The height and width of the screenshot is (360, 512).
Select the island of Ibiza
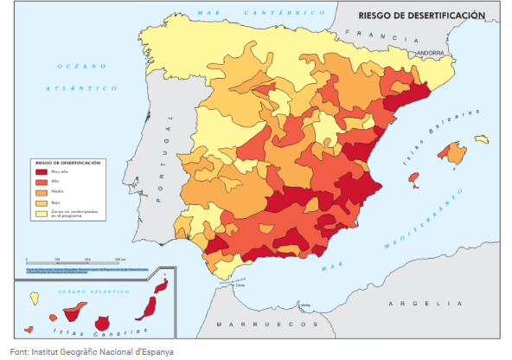(413, 179)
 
